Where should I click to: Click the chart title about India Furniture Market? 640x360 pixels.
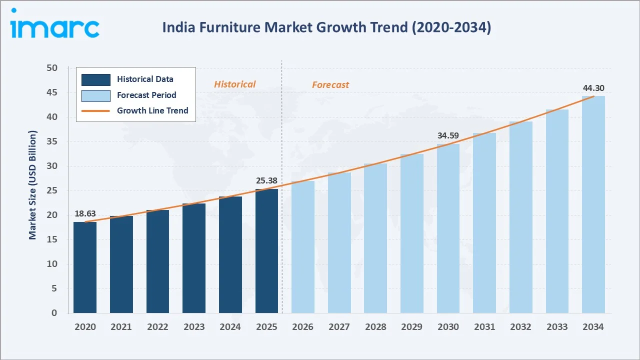pyautogui.click(x=326, y=27)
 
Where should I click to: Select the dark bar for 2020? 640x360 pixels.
pyautogui.click(x=85, y=267)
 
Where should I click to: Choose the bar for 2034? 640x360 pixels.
pyautogui.click(x=593, y=204)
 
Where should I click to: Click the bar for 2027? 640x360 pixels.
pyautogui.click(x=339, y=243)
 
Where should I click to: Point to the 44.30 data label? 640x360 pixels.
pyautogui.click(x=593, y=88)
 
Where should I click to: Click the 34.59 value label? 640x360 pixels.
pyautogui.click(x=448, y=135)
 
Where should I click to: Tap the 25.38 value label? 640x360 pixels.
pyautogui.click(x=266, y=180)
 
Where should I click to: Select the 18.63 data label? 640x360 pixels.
pyautogui.click(x=85, y=213)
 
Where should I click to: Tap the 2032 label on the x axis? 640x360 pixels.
pyautogui.click(x=520, y=327)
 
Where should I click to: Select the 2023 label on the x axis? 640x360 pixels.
pyautogui.click(x=194, y=327)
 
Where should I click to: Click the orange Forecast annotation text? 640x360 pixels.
pyautogui.click(x=330, y=85)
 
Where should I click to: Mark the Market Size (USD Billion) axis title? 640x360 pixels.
pyautogui.click(x=32, y=185)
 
